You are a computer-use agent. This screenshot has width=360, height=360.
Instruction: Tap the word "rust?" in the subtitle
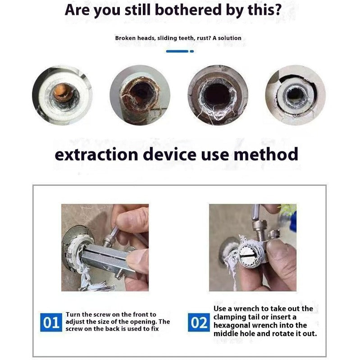203,38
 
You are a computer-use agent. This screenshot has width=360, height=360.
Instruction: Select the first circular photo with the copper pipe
62,95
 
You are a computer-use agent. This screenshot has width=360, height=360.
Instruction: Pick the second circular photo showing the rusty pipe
140,95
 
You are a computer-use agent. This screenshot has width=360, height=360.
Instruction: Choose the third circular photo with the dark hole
218,95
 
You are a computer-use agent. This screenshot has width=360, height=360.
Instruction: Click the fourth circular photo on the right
295,95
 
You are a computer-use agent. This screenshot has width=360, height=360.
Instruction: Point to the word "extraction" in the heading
96,155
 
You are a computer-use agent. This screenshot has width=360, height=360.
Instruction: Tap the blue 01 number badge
51,323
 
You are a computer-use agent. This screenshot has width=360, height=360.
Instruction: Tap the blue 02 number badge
199,323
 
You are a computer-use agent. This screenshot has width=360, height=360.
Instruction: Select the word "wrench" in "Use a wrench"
246,309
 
